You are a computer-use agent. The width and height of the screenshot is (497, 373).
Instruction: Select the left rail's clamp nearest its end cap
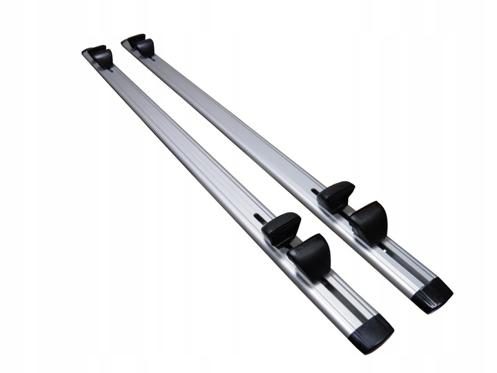[309, 256]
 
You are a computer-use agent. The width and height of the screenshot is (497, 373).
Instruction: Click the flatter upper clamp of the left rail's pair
[281, 229]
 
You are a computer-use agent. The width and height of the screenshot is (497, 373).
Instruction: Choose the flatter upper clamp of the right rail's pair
[336, 196]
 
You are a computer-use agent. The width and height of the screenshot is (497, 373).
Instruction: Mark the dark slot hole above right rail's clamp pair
[315, 191]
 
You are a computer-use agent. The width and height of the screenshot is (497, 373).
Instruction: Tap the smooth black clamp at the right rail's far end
[145, 46]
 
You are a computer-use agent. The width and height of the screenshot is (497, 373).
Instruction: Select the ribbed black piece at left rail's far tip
[92, 50]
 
